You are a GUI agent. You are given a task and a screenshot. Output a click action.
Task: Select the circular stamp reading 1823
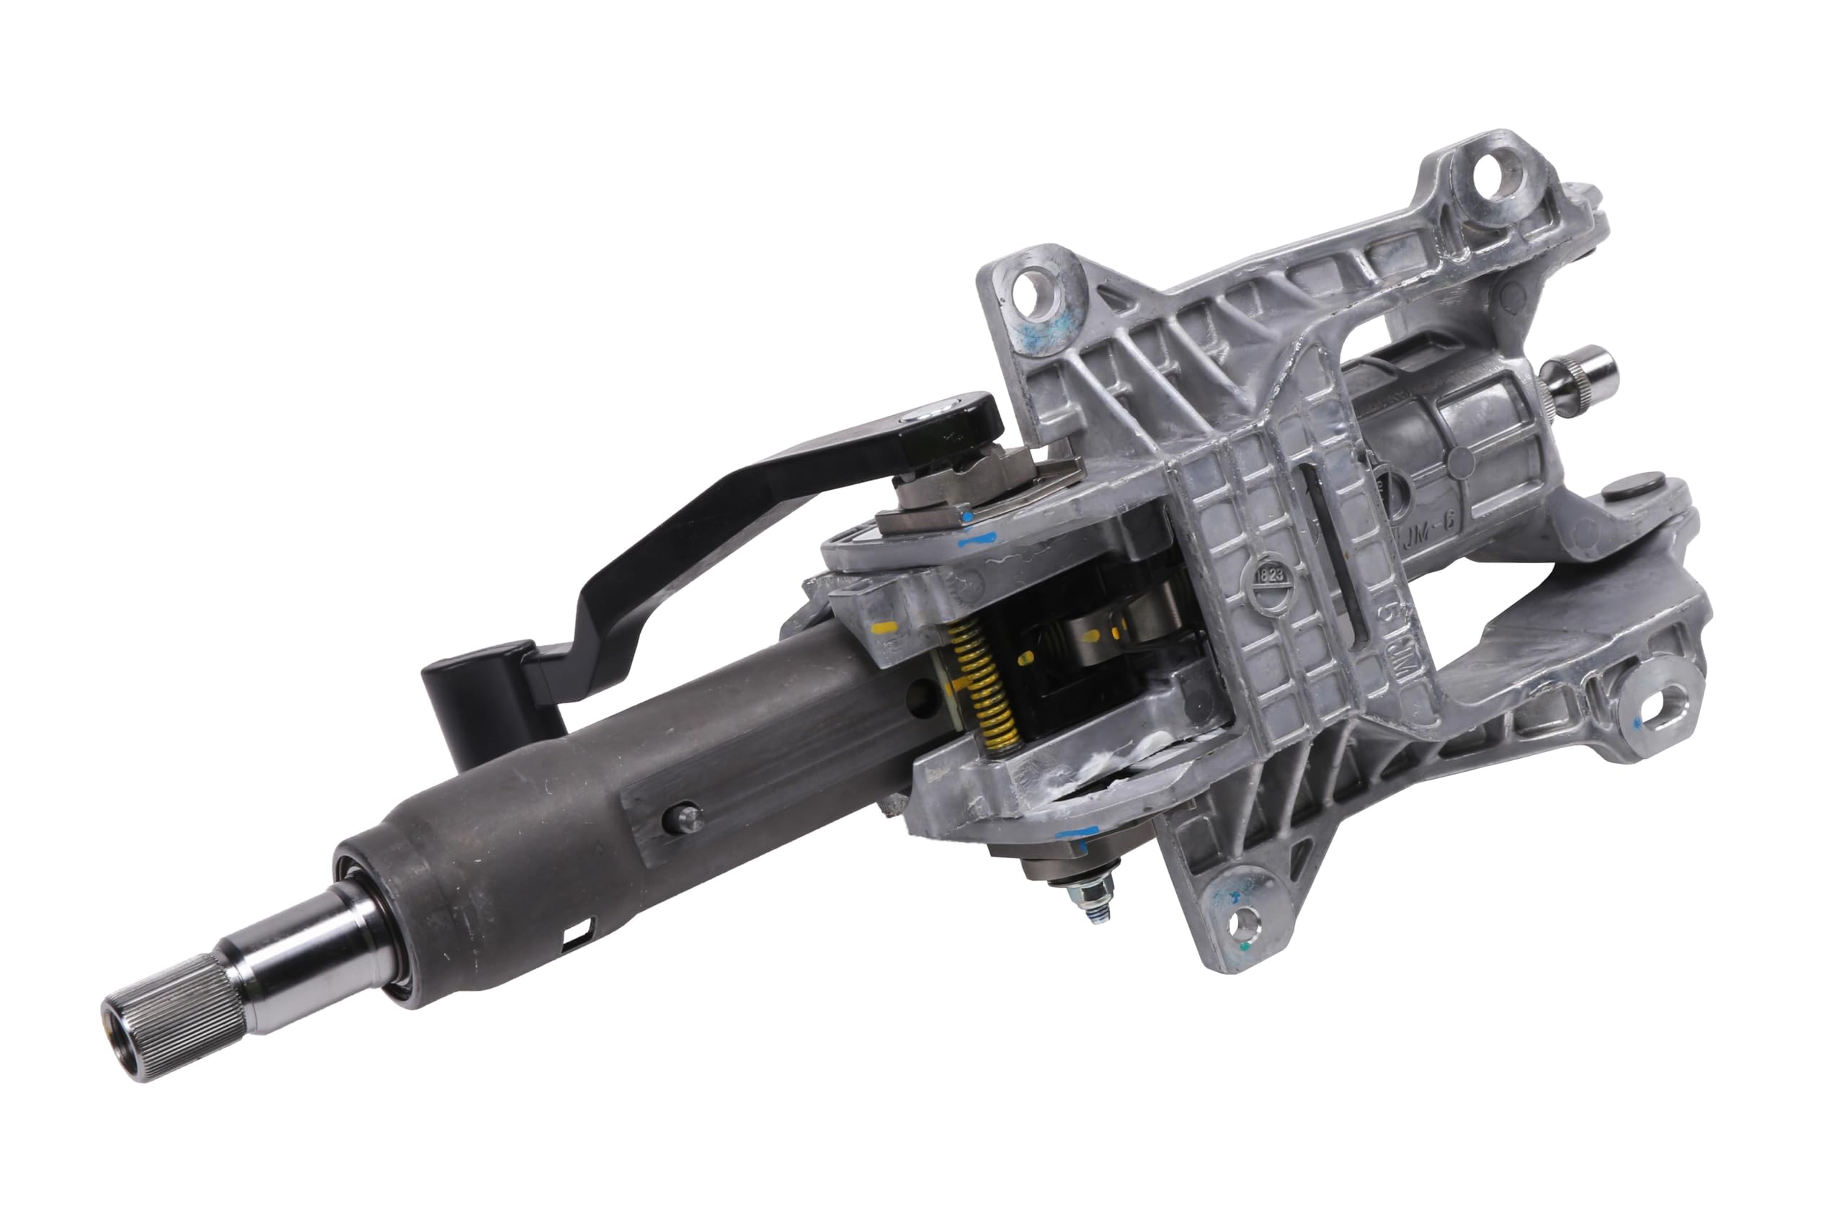[1270, 574]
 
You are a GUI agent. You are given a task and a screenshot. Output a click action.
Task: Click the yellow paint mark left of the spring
[884, 628]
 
